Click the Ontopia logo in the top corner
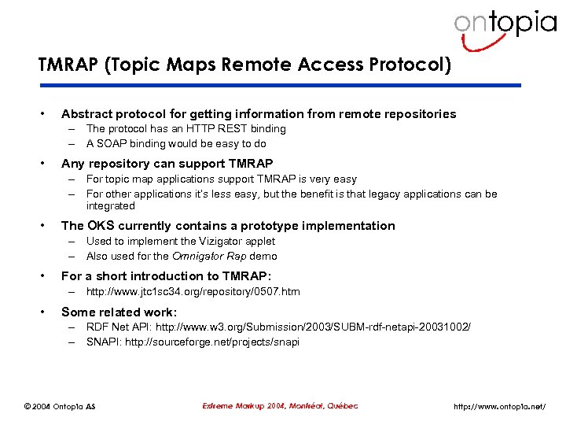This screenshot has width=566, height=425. click(505, 24)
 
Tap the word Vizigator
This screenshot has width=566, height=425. click(222, 241)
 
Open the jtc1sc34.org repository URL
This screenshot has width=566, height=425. click(193, 291)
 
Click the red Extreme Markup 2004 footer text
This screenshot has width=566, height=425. click(280, 405)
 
